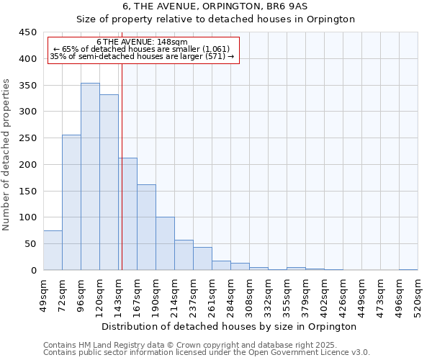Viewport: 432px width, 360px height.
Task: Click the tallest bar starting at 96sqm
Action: click(90, 176)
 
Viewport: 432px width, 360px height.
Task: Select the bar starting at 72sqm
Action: click(71, 202)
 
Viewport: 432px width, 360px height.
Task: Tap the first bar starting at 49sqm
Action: click(53, 250)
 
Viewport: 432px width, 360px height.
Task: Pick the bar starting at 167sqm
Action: click(146, 227)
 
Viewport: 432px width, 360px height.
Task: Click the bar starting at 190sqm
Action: click(165, 243)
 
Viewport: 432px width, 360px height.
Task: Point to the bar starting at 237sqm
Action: click(202, 258)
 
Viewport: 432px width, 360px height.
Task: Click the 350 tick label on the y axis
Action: click(27, 85)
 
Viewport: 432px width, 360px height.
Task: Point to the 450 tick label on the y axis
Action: click(27, 32)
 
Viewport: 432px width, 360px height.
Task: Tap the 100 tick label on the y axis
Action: click(27, 217)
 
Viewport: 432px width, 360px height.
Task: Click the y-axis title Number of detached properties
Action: click(7, 155)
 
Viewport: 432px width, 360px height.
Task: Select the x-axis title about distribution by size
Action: click(229, 326)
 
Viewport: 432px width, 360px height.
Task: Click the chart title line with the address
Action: click(216, 6)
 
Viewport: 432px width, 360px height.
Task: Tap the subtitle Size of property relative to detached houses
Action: click(216, 19)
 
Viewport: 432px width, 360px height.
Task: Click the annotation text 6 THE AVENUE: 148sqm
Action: click(142, 42)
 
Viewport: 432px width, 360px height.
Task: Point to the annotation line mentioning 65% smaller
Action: click(142, 49)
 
